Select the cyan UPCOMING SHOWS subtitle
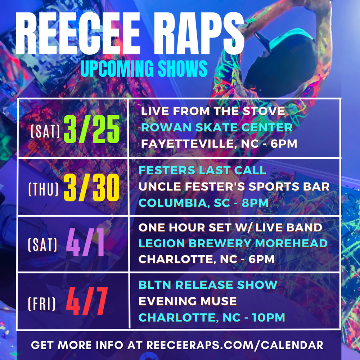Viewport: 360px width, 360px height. (144, 68)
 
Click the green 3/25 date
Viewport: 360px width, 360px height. (91, 129)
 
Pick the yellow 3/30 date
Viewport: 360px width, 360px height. (91, 187)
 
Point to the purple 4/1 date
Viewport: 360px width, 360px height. (85, 242)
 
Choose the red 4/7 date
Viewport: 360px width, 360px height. (87, 301)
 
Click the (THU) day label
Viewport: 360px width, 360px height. (44, 189)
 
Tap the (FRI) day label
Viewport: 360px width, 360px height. (42, 304)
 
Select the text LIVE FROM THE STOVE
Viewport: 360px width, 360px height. (213, 111)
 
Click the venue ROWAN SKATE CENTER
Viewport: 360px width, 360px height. (217, 127)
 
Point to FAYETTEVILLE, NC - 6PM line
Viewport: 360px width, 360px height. (219, 144)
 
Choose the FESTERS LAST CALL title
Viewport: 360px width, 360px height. (202, 170)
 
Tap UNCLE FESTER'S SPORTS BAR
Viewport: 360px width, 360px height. (234, 186)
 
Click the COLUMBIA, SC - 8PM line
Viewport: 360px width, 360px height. (203, 203)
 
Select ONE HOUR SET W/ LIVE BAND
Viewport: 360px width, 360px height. (230, 228)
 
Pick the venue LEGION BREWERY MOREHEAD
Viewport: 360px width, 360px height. (233, 243)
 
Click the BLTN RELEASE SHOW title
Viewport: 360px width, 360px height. (208, 285)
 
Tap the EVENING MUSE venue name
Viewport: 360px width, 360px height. (188, 301)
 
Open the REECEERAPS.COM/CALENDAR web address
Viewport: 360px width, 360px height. (235, 345)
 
